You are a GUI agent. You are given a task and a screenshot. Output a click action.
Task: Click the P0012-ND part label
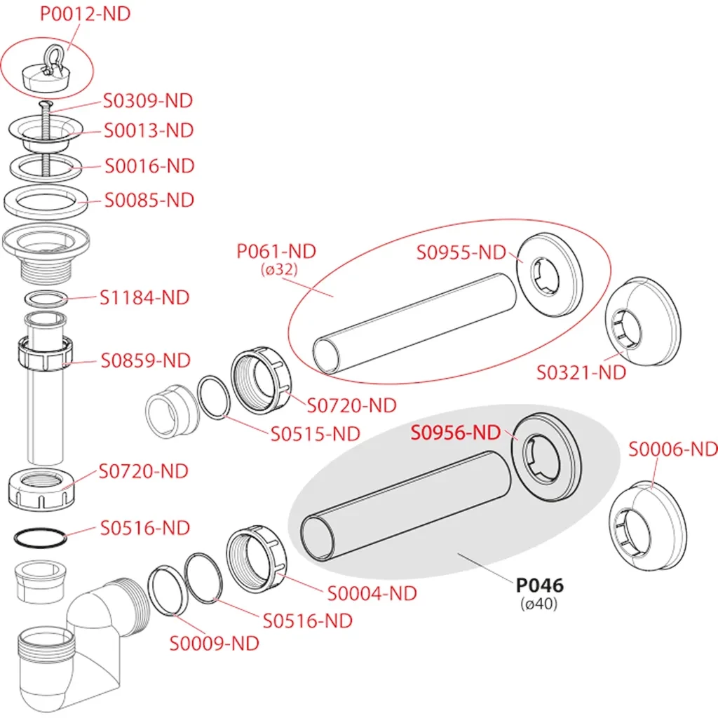[85, 14]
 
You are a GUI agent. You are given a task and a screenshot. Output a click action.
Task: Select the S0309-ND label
[148, 101]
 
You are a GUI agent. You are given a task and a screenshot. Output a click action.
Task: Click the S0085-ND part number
[149, 201]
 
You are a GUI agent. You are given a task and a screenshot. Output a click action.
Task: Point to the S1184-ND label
[144, 297]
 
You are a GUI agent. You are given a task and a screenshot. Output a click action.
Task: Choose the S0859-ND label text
[145, 361]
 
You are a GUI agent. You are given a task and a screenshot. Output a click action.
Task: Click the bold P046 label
[540, 585]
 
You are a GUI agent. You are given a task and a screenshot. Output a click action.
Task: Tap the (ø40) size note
[539, 603]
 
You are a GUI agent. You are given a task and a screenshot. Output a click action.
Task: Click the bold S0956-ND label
[458, 433]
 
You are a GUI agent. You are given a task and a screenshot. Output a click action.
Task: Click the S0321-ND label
[581, 372]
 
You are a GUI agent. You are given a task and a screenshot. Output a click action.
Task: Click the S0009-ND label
[214, 643]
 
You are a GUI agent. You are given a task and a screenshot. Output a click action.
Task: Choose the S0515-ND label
[316, 434]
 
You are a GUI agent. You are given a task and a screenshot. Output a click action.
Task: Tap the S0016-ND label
[149, 167]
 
